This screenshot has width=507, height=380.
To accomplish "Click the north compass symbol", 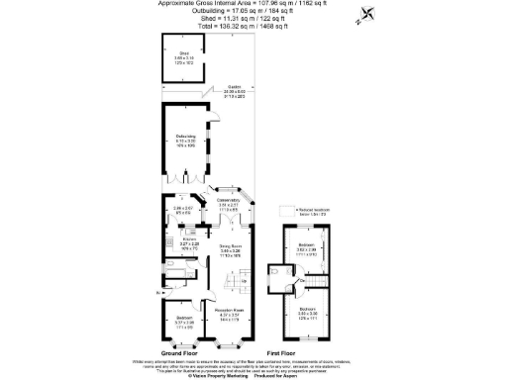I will pos(368,13).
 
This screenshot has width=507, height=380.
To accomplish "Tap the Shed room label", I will pos(184,56).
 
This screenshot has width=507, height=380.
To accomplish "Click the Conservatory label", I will pos(230,203).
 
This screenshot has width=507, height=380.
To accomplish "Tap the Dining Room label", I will pos(231,249).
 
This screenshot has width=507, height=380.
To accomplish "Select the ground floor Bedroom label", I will pos(185,319).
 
